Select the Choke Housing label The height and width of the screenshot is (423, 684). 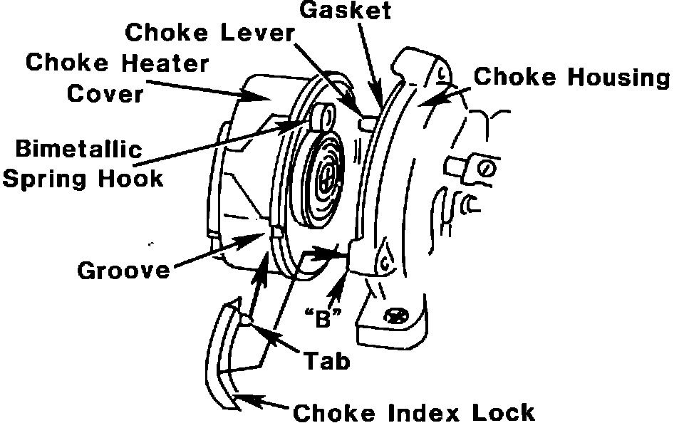[x=572, y=77]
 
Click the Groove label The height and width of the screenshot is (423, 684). [x=124, y=270]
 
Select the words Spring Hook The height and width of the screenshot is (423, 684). [x=83, y=177]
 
